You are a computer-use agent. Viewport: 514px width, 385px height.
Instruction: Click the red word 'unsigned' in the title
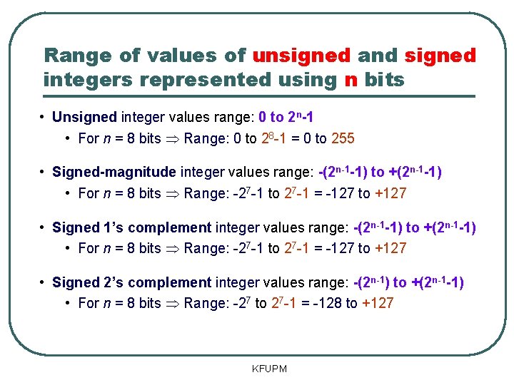click(x=301, y=56)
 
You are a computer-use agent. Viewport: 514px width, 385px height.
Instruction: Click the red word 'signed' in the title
click(x=440, y=56)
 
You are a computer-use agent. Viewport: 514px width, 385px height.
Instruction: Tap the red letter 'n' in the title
click(x=351, y=80)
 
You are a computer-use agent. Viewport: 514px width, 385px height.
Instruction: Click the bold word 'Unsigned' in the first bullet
click(x=84, y=117)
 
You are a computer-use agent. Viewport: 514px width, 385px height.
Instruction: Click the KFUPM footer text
click(x=269, y=369)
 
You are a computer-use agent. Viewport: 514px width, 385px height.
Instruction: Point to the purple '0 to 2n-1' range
click(x=286, y=117)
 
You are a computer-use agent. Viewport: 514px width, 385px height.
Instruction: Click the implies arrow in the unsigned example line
click(x=172, y=138)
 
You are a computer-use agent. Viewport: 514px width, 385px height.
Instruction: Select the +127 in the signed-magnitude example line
click(x=390, y=193)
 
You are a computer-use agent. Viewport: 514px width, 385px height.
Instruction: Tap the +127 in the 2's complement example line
click(x=378, y=303)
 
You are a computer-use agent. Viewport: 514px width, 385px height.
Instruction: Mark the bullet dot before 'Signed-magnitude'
click(x=44, y=172)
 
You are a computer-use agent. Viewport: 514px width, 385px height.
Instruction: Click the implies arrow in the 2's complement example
click(x=172, y=303)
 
